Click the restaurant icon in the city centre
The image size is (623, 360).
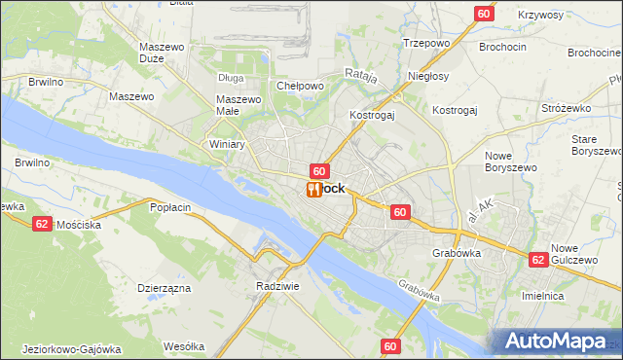(313, 189)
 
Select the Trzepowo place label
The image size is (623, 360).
(425, 44)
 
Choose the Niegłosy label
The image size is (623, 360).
(428, 76)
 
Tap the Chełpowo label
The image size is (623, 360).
(300, 86)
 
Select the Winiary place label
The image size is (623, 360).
(227, 144)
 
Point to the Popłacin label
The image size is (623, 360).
(173, 206)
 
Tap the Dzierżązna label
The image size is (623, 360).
(164, 288)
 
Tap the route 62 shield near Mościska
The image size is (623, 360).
(41, 223)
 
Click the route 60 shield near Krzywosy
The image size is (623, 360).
(484, 13)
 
